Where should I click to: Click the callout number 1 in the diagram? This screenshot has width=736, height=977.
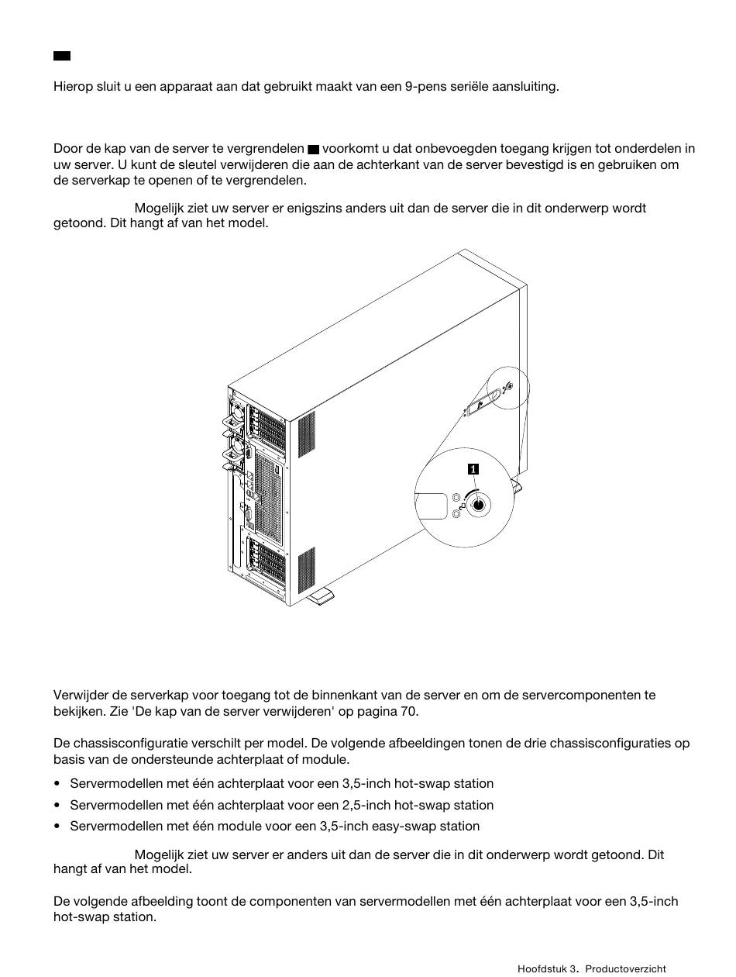[x=473, y=468]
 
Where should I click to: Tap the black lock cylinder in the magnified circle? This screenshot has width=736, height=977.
[x=478, y=505]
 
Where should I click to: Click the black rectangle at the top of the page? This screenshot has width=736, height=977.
[x=62, y=56]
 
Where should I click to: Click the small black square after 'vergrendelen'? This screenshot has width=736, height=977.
[x=313, y=149]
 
